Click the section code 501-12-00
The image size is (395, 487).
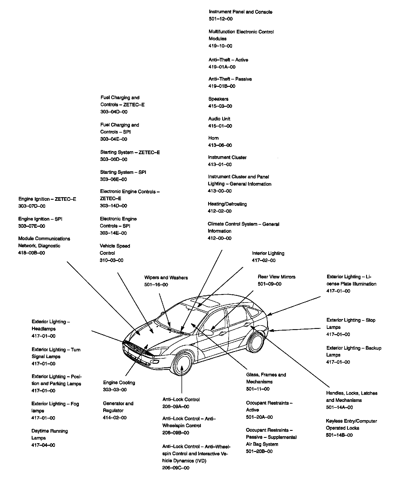tap(221, 19)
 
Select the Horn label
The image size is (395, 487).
tap(213, 138)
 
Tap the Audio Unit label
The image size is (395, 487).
tap(219, 119)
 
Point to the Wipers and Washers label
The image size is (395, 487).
tap(166, 278)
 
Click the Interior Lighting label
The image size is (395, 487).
tap(268, 253)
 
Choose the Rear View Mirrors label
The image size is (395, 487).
tap(276, 277)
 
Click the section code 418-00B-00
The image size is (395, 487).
tap(31, 253)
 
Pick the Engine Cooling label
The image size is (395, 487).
tap(119, 383)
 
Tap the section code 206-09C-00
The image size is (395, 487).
tap(176, 468)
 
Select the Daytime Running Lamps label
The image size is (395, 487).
tap(49, 434)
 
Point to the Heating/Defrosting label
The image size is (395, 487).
tap(227, 204)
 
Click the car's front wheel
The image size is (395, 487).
tap(183, 367)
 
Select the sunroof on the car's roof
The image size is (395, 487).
tap(205, 303)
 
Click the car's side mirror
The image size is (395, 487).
tap(208, 333)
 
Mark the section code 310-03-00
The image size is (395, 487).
tap(111, 260)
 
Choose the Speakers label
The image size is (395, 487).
tap(218, 99)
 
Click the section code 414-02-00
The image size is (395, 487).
tap(114, 418)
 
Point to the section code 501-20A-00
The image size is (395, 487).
tap(259, 417)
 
